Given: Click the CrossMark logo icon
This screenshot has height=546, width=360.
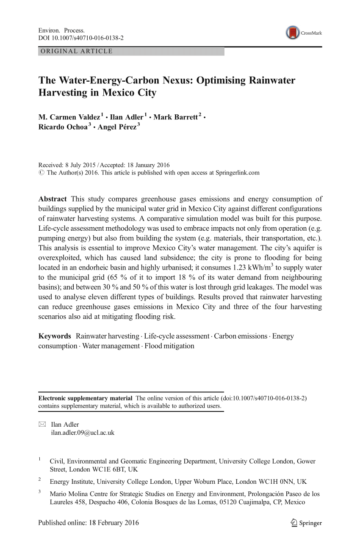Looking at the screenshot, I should point(293,33).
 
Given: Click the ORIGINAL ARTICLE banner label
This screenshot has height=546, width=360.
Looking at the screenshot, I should point(76,51).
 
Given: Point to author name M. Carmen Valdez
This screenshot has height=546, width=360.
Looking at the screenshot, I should point(69,117).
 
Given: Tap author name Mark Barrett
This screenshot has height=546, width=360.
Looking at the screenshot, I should point(175,117).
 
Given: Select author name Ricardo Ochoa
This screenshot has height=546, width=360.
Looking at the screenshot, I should point(61,127).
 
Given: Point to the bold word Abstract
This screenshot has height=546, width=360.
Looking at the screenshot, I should point(53,199).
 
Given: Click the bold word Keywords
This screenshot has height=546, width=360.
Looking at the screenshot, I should point(55,336).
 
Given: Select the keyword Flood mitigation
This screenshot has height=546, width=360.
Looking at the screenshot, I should point(169,346).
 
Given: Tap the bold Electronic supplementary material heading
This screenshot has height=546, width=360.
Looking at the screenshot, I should point(85,398).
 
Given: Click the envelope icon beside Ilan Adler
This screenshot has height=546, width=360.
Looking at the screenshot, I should point(42,424).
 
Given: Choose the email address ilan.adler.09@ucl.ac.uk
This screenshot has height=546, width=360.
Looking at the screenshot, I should point(83,433).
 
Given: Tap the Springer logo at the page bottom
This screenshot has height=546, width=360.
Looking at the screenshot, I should point(306,523).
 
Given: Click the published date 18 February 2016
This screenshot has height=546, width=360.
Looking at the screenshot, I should point(114,522).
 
